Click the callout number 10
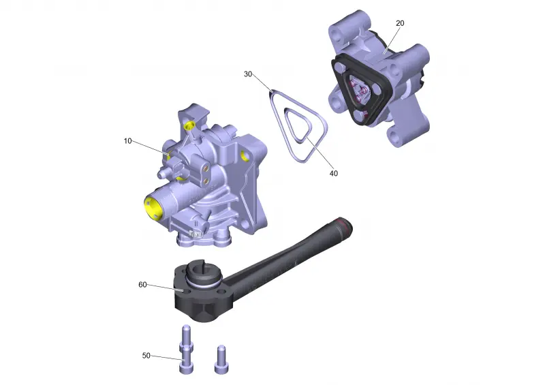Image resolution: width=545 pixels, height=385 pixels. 127,141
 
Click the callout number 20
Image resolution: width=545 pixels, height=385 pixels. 400,23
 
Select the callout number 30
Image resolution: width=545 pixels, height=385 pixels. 248,74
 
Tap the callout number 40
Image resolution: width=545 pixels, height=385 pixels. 333,173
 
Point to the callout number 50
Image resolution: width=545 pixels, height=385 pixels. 146,356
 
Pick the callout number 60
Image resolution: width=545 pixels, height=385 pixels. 142,284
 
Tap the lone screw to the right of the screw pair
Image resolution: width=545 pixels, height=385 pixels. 220,359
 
